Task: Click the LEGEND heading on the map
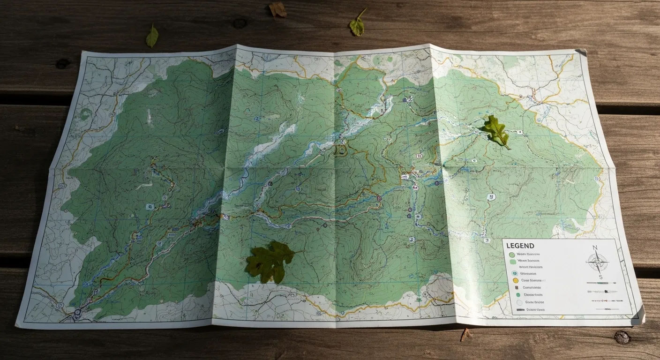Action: [x=520, y=246]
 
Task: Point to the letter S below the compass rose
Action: [x=600, y=277]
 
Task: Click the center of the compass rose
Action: [x=598, y=262]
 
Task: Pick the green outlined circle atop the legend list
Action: [x=512, y=255]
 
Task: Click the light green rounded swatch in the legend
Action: [x=513, y=261]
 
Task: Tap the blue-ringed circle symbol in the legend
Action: [x=514, y=273]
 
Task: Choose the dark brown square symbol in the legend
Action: [x=516, y=287]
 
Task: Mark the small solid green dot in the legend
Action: [x=518, y=295]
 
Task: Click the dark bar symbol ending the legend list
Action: [x=519, y=310]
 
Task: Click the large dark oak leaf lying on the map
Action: [x=268, y=262]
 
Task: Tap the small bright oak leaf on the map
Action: [x=495, y=131]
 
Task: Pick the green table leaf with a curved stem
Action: [x=357, y=26]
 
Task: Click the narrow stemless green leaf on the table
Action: [x=152, y=37]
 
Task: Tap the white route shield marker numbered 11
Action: [x=491, y=197]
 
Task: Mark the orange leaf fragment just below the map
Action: [x=465, y=334]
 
